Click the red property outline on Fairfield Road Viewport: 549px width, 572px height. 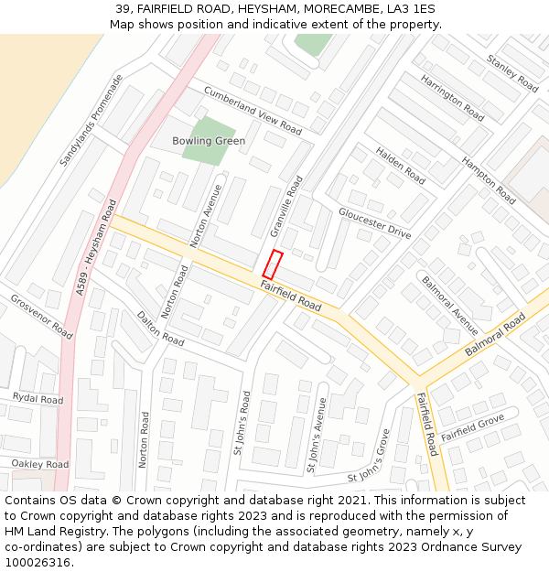point(273,264)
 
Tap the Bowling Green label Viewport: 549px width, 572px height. point(209,141)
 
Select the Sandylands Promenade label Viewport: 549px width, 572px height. point(91,121)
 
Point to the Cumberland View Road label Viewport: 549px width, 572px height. point(253,110)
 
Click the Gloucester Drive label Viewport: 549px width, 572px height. point(374,222)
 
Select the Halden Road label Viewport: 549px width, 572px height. point(401,164)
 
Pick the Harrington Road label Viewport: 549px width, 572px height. point(452,99)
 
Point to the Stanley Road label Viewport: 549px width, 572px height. point(512,73)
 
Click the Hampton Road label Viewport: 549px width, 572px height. point(489,180)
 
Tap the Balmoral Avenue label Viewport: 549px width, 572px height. point(449,305)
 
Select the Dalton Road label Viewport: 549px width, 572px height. point(159,327)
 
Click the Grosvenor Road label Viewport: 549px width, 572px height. point(41,316)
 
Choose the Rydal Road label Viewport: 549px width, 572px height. point(38,399)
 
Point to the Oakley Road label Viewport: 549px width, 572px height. point(39,464)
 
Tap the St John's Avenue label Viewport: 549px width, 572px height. point(317,434)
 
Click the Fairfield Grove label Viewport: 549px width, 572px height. point(472,427)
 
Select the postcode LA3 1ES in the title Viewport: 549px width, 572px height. point(412,9)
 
